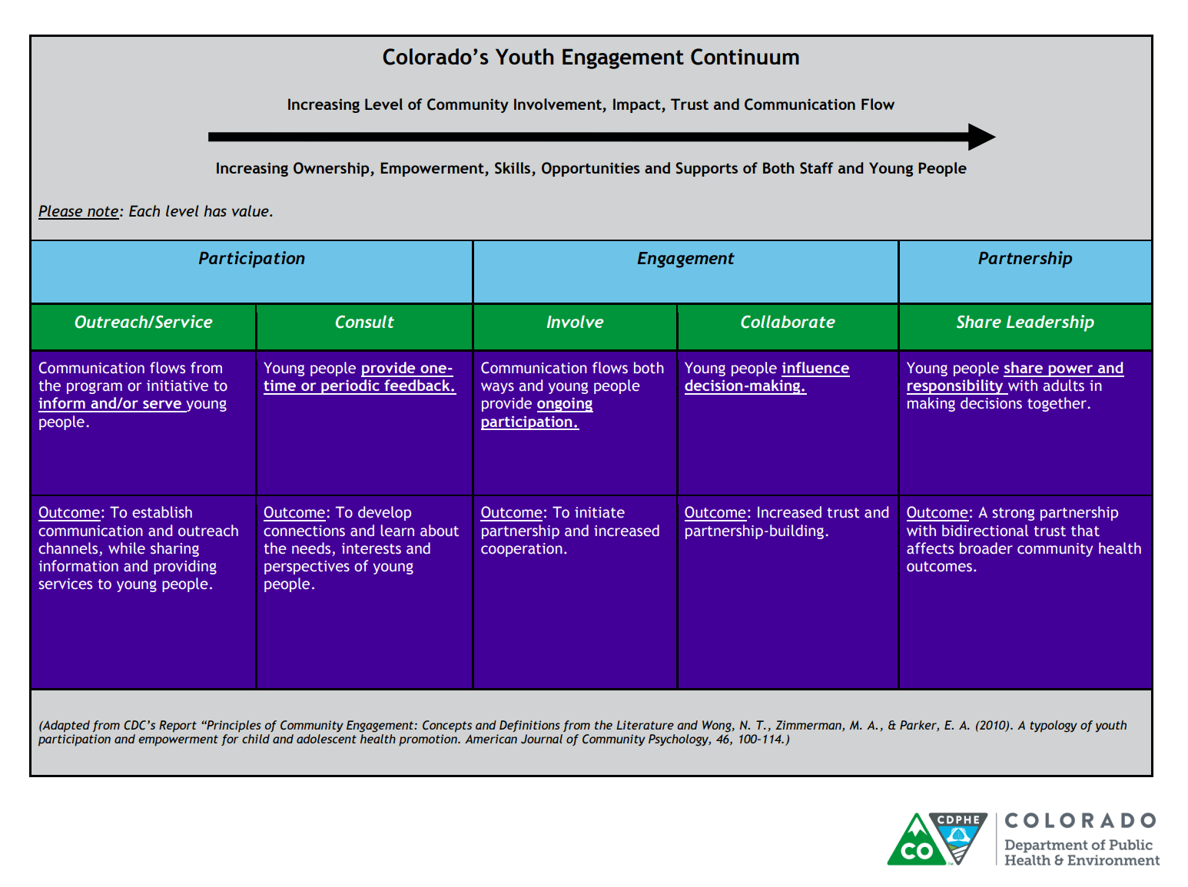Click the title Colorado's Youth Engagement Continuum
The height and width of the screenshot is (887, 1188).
[590, 58]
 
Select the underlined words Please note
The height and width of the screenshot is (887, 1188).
[78, 211]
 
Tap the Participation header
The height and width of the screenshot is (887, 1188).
[251, 259]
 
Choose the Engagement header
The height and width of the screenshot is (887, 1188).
[685, 259]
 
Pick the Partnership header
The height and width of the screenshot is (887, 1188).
[1024, 259]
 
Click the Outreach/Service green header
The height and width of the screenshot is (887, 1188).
[143, 323]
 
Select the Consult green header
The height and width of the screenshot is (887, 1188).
[364, 323]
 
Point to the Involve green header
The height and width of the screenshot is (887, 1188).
[575, 323]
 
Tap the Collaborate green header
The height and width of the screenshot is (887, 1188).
[787, 323]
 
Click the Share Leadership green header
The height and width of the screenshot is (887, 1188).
[1024, 323]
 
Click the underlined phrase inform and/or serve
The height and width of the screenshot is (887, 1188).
[111, 404]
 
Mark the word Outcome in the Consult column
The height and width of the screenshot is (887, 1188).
[294, 513]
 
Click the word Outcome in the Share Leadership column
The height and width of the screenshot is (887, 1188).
[937, 513]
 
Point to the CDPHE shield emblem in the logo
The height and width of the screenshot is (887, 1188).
[957, 839]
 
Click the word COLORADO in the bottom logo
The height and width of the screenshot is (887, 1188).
[1080, 821]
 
